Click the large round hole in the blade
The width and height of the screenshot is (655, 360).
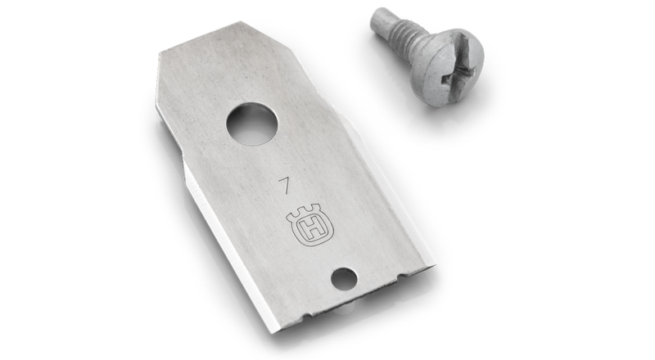(x=252, y=124)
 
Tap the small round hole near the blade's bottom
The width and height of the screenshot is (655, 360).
(x=344, y=278)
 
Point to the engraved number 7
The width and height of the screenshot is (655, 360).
(x=285, y=185)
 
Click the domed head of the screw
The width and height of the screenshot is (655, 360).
(x=447, y=68)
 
